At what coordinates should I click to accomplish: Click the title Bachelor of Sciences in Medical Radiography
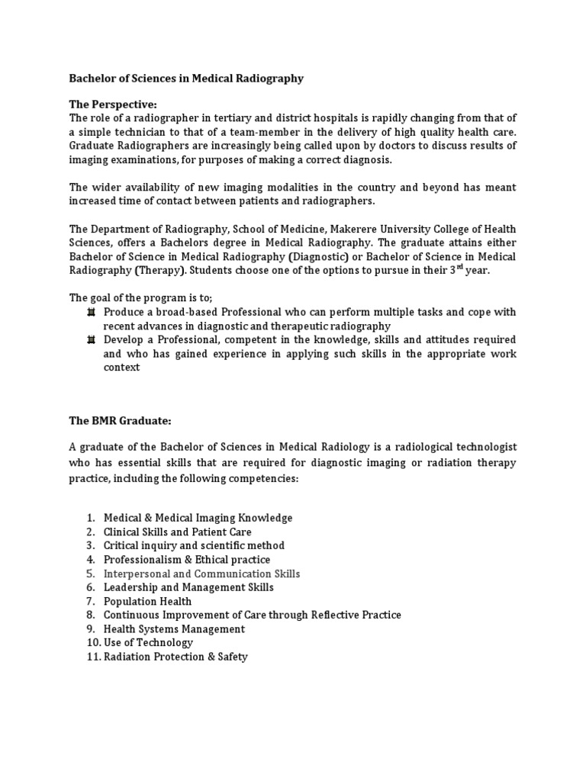point(186,79)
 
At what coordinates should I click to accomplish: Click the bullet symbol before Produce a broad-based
point(91,313)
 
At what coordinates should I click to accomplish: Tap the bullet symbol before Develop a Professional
point(91,340)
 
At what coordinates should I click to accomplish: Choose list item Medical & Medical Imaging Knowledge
point(198,518)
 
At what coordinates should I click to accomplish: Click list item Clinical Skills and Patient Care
point(177,532)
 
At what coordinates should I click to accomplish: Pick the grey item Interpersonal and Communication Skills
point(201,574)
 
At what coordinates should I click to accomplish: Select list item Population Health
point(147,601)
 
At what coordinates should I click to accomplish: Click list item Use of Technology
point(148,642)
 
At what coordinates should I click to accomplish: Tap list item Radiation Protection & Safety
point(175,657)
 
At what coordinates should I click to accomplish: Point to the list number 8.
point(89,615)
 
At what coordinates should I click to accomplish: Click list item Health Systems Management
point(174,628)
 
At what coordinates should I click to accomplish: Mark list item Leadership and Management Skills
point(188,587)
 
